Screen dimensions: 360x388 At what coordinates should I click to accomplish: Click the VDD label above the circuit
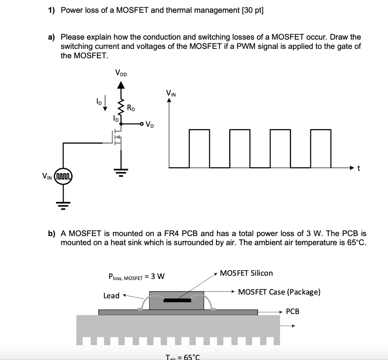(x=121, y=73)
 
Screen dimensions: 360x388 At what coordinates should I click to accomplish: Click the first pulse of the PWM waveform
(x=199, y=148)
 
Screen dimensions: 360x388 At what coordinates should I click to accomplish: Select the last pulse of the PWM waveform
(x=321, y=148)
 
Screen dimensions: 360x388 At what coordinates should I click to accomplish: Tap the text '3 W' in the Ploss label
(x=158, y=276)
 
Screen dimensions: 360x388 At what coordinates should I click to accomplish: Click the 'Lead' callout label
(x=111, y=296)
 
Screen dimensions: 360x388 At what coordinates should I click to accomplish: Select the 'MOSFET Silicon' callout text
(x=246, y=273)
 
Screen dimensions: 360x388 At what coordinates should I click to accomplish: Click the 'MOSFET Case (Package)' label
(x=279, y=292)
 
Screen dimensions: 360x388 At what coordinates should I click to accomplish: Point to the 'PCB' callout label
(x=292, y=311)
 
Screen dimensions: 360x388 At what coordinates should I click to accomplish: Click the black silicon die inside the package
(x=177, y=301)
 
